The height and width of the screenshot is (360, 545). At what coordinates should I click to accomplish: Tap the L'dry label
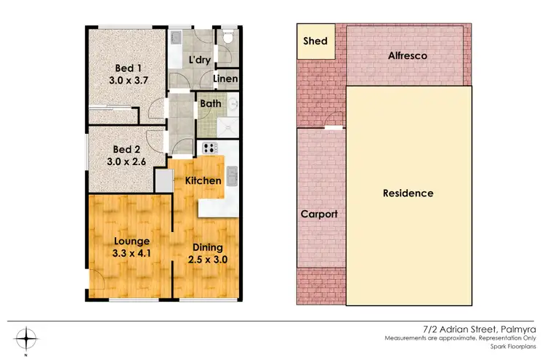click(x=198, y=60)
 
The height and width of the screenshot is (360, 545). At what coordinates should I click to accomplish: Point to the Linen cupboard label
click(x=227, y=78)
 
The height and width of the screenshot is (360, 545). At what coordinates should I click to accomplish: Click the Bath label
click(x=211, y=104)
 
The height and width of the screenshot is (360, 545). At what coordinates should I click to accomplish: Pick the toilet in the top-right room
click(x=227, y=37)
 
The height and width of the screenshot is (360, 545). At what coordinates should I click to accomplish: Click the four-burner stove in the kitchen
click(x=211, y=148)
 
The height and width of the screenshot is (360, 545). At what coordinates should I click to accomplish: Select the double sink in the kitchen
click(x=231, y=175)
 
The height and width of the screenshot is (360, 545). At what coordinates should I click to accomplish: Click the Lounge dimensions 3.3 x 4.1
click(x=131, y=254)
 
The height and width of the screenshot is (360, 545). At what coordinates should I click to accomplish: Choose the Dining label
click(x=206, y=247)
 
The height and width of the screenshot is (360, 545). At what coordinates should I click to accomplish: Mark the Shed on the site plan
click(x=315, y=41)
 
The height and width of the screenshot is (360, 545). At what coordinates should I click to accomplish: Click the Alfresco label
click(x=406, y=55)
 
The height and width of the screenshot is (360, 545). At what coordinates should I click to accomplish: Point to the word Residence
click(x=408, y=193)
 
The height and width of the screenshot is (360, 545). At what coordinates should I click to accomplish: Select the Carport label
click(x=320, y=215)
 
